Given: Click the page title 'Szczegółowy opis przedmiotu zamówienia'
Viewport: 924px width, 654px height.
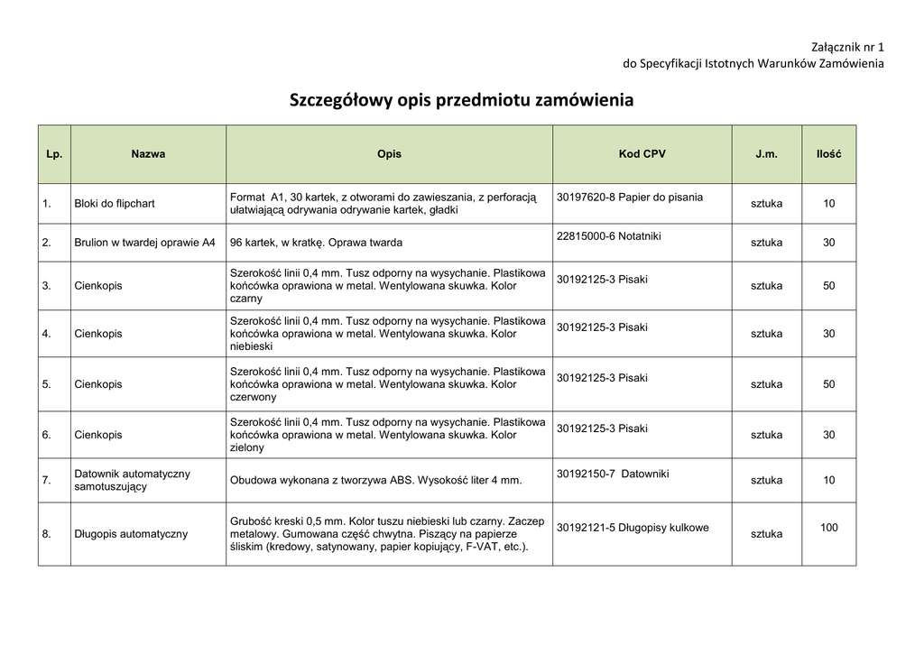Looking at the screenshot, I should pos(461,100).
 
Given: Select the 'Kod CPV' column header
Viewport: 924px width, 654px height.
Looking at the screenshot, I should pos(642,154).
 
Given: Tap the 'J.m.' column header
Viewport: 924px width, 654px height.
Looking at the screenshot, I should pos(766,154).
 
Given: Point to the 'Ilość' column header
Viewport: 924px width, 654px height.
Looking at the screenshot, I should pos(828,154).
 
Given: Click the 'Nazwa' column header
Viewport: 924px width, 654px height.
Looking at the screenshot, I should pos(148,154).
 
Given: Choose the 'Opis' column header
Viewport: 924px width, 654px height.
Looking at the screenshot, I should pos(389,154).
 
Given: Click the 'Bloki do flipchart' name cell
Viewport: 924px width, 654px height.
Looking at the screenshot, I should pos(115,204).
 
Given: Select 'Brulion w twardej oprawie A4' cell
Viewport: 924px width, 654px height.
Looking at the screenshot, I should pos(145,243).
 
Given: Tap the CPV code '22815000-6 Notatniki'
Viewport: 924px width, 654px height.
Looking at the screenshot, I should pos(609,236).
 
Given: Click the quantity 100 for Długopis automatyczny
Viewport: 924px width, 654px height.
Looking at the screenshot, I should pos(828,528).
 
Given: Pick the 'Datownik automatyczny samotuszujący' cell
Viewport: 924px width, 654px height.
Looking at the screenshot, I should pos(132,480).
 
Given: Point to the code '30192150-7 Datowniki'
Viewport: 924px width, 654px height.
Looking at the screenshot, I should pos(613,474).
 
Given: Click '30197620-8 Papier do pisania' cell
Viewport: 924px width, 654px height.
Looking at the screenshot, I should pos(630,198).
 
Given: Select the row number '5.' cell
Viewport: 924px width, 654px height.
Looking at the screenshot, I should pos(47,384).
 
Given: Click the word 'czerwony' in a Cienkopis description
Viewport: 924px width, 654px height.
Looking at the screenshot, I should pos(254,397).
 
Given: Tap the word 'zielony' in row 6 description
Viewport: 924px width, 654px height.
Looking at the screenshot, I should pos(247,447).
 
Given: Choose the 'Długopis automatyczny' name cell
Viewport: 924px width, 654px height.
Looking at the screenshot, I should pos(131,534).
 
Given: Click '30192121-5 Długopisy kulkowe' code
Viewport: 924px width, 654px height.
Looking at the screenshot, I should pos(633,528).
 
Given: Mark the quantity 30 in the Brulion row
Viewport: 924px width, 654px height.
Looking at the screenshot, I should pos(828,243).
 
